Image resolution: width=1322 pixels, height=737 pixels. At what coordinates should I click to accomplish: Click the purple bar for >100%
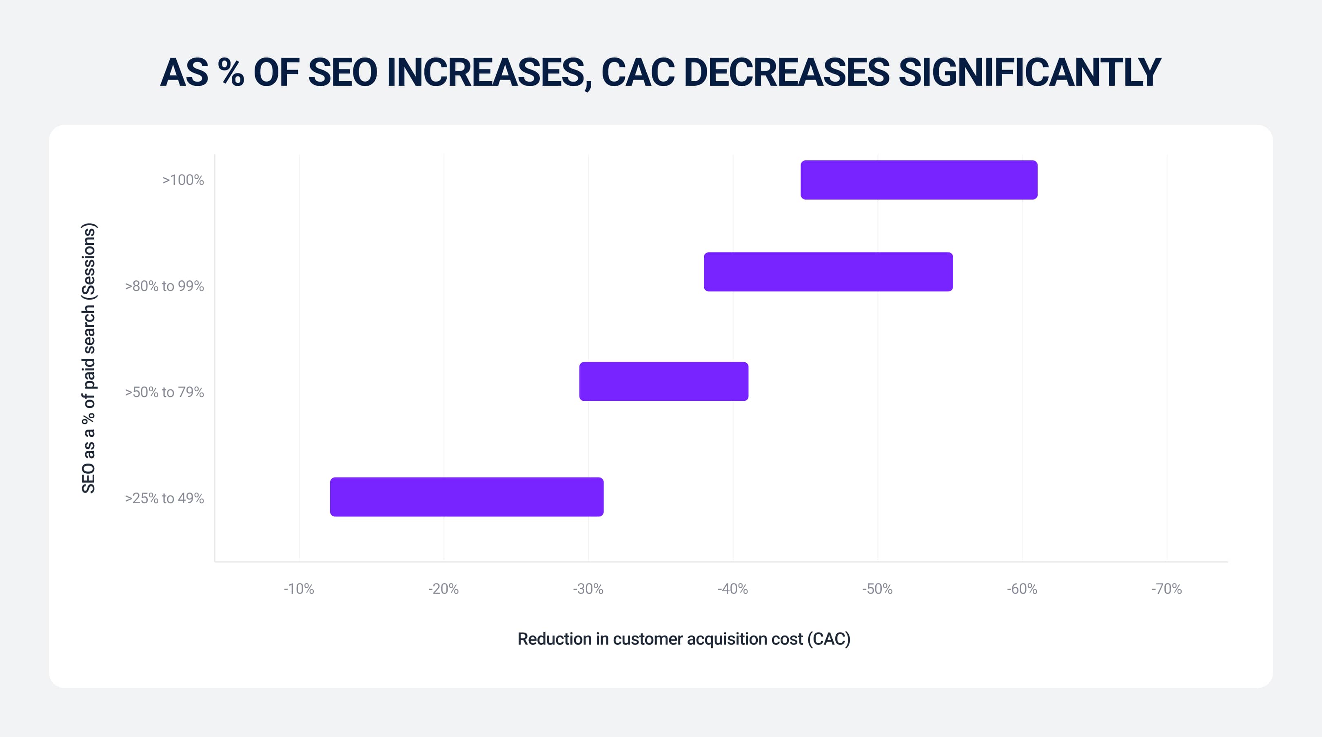918,180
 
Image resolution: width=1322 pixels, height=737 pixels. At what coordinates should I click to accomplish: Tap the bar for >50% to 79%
663,381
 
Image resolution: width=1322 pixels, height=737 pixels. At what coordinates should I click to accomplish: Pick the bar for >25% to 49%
466,496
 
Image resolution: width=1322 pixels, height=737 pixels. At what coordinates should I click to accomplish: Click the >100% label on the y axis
183,180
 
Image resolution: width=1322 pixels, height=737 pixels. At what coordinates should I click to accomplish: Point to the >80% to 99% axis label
164,286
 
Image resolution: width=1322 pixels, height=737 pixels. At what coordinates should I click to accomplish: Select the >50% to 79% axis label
164,392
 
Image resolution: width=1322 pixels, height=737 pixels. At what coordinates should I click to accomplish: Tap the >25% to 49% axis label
164,498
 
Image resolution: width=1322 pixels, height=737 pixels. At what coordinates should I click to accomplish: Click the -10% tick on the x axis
299,589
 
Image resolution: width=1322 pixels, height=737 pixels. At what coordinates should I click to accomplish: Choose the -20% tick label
444,589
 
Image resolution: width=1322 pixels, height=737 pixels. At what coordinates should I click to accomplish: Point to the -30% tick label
588,589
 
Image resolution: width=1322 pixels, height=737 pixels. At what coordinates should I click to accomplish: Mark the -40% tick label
733,589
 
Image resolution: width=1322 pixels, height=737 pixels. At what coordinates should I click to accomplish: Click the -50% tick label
878,589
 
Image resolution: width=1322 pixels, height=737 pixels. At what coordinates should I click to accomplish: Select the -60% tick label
1022,589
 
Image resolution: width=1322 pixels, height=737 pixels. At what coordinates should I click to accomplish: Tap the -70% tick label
1167,589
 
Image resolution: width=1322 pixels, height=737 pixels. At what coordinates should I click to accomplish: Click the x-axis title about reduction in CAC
683,639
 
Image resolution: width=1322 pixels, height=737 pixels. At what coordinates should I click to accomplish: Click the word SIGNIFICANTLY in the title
1029,72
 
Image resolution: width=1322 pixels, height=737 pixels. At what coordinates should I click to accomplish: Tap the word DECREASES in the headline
786,72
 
